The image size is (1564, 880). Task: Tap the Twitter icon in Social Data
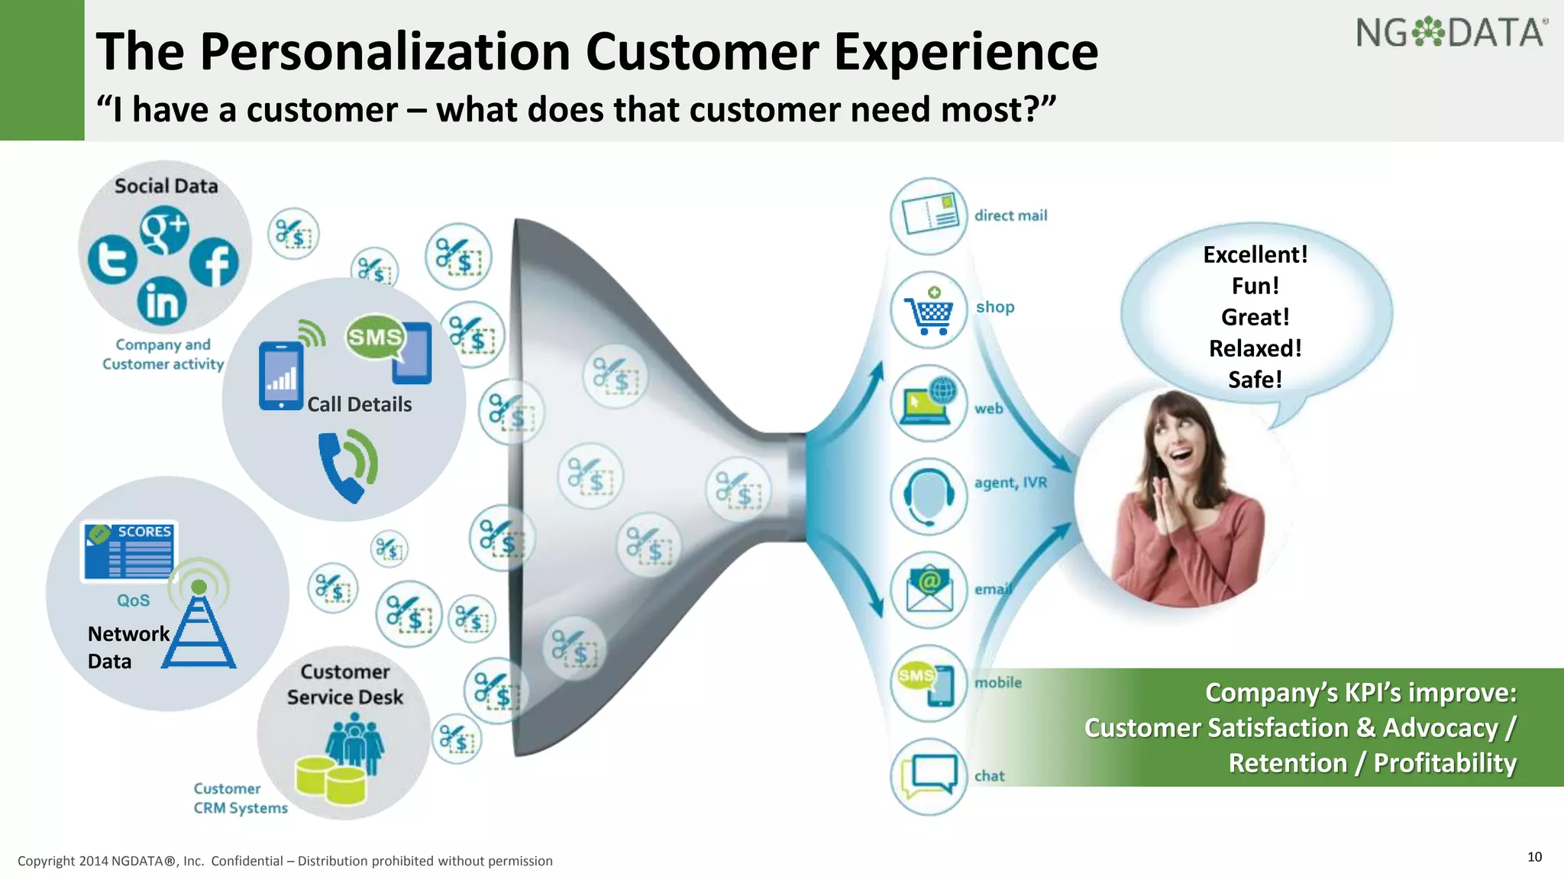112,260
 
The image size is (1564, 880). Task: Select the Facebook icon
215,262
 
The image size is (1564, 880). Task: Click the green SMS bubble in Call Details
374,337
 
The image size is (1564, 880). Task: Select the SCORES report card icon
129,552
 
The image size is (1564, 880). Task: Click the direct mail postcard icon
929,216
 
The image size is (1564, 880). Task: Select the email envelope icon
929,590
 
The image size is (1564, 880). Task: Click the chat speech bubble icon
929,775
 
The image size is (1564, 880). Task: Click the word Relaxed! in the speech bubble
1255,348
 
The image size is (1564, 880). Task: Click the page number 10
1534,857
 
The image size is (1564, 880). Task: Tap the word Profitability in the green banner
1444,763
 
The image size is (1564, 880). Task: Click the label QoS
133,600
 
